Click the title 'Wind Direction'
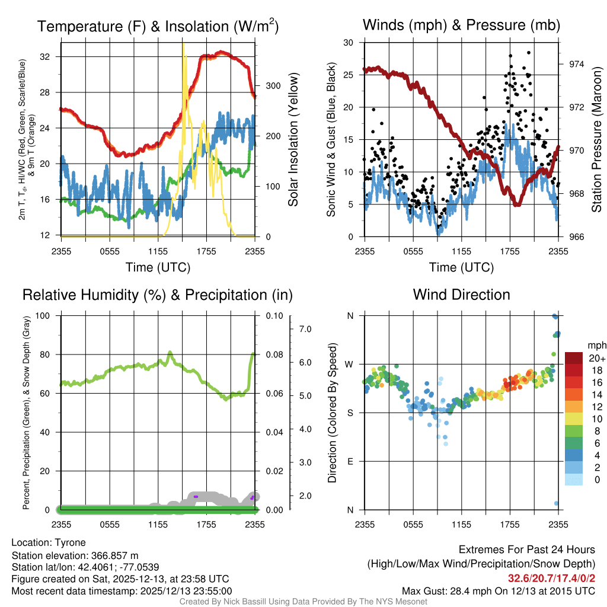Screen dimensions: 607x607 coord(461,295)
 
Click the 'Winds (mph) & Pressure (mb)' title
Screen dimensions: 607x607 coord(461,25)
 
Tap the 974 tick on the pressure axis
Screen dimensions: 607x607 coord(576,64)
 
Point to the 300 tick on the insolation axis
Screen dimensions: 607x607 coord(273,85)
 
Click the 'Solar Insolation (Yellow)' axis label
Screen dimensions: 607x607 coord(293,140)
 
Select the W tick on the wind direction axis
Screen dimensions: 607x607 coord(350,364)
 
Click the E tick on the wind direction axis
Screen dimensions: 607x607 coord(350,461)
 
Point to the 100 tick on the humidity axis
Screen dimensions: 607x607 coord(43,315)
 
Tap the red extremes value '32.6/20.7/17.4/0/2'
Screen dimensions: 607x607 coord(551,578)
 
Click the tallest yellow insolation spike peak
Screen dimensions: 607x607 coord(183,44)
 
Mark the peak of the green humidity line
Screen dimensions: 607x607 coord(170,352)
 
